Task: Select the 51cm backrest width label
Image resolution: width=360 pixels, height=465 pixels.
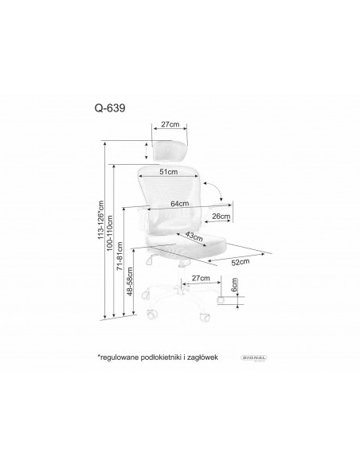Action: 168,171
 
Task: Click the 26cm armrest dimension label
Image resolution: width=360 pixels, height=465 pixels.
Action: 221,216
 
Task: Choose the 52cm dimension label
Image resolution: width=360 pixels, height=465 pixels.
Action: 241,260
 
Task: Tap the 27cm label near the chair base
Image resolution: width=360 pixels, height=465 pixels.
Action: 201,278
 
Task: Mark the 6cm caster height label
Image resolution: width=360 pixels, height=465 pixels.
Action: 235,285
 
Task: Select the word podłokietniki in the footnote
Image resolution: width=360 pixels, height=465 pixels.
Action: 166,359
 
